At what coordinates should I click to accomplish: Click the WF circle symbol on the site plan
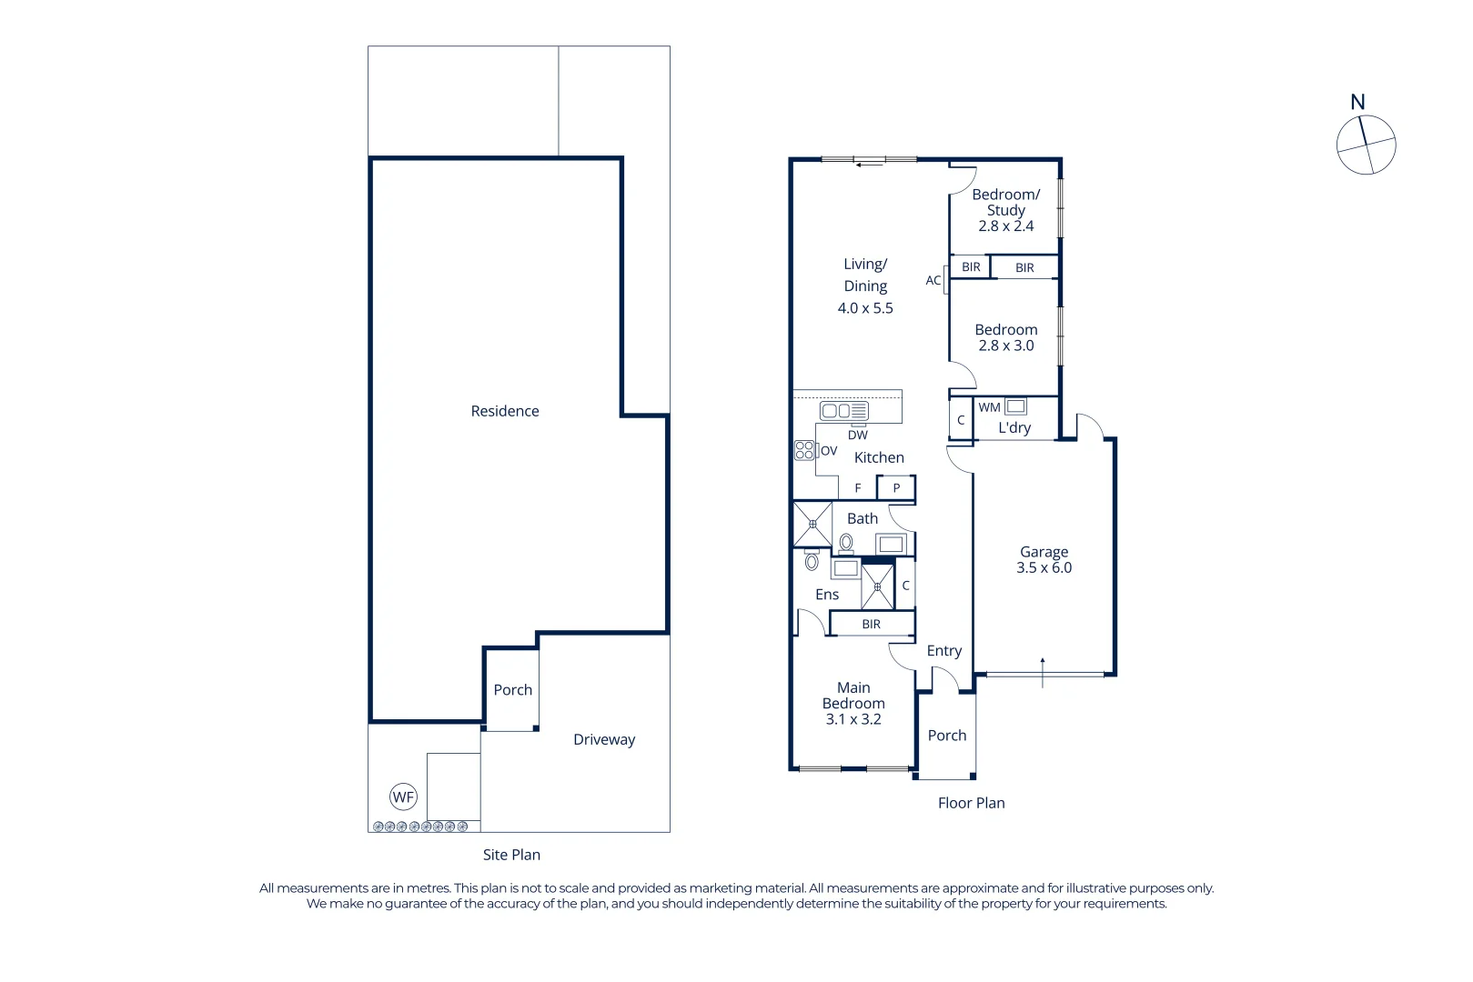403,797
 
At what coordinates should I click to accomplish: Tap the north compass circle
1366,145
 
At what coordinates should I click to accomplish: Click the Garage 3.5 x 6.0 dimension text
1044,567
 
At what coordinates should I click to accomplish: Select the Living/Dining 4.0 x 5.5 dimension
865,308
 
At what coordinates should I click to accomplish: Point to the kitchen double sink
843,411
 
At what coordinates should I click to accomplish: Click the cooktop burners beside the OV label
804,450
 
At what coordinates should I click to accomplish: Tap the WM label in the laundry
989,407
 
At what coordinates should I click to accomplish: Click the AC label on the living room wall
933,280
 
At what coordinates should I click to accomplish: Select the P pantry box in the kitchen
896,488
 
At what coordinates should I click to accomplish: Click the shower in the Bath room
812,525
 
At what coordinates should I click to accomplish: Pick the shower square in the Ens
878,587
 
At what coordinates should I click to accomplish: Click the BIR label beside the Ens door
871,625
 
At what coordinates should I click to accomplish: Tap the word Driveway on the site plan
604,739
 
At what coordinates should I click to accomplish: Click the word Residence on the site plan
505,411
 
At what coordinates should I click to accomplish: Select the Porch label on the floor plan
947,736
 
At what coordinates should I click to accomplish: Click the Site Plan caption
511,855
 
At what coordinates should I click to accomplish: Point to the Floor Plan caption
971,803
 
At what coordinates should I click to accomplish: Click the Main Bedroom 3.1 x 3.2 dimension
853,719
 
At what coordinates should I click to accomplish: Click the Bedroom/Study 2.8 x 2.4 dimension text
1005,226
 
